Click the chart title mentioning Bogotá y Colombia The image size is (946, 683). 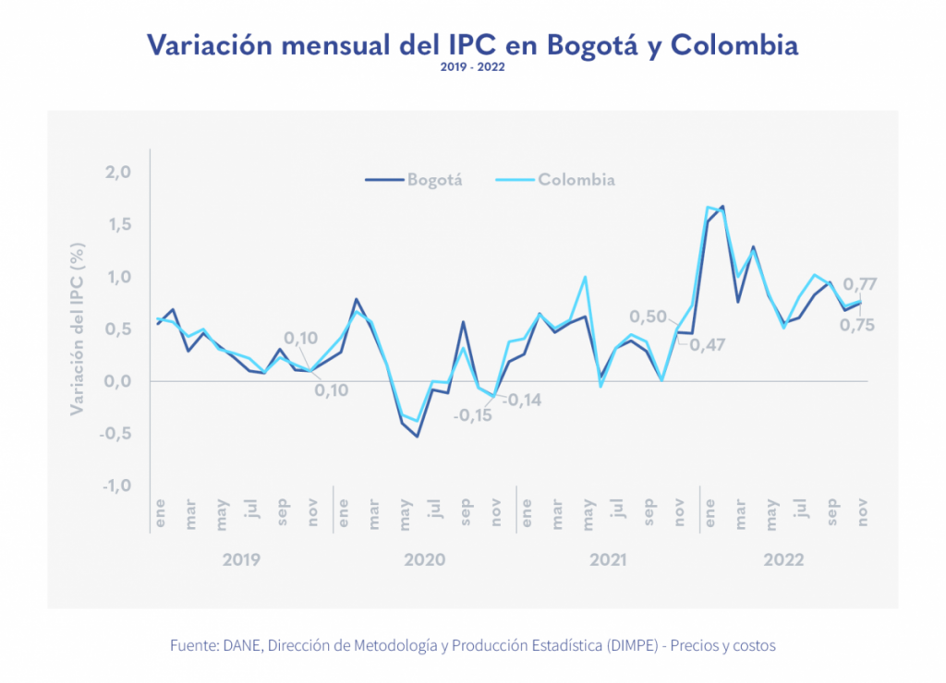click(x=472, y=45)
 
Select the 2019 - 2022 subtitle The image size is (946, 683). click(x=472, y=67)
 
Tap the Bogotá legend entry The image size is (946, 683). click(x=434, y=180)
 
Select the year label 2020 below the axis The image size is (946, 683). click(x=424, y=560)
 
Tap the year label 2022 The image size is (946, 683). click(x=783, y=560)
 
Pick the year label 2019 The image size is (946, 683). click(x=242, y=560)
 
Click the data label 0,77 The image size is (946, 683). click(x=860, y=284)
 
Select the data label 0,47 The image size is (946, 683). click(x=707, y=345)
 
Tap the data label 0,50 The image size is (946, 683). click(x=648, y=318)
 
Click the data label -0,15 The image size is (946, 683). click(x=473, y=414)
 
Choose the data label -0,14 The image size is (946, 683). click(x=522, y=401)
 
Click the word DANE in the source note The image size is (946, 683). click(x=242, y=646)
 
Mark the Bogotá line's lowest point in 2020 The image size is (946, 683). click(x=418, y=436)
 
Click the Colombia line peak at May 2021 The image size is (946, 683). click(x=585, y=277)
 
